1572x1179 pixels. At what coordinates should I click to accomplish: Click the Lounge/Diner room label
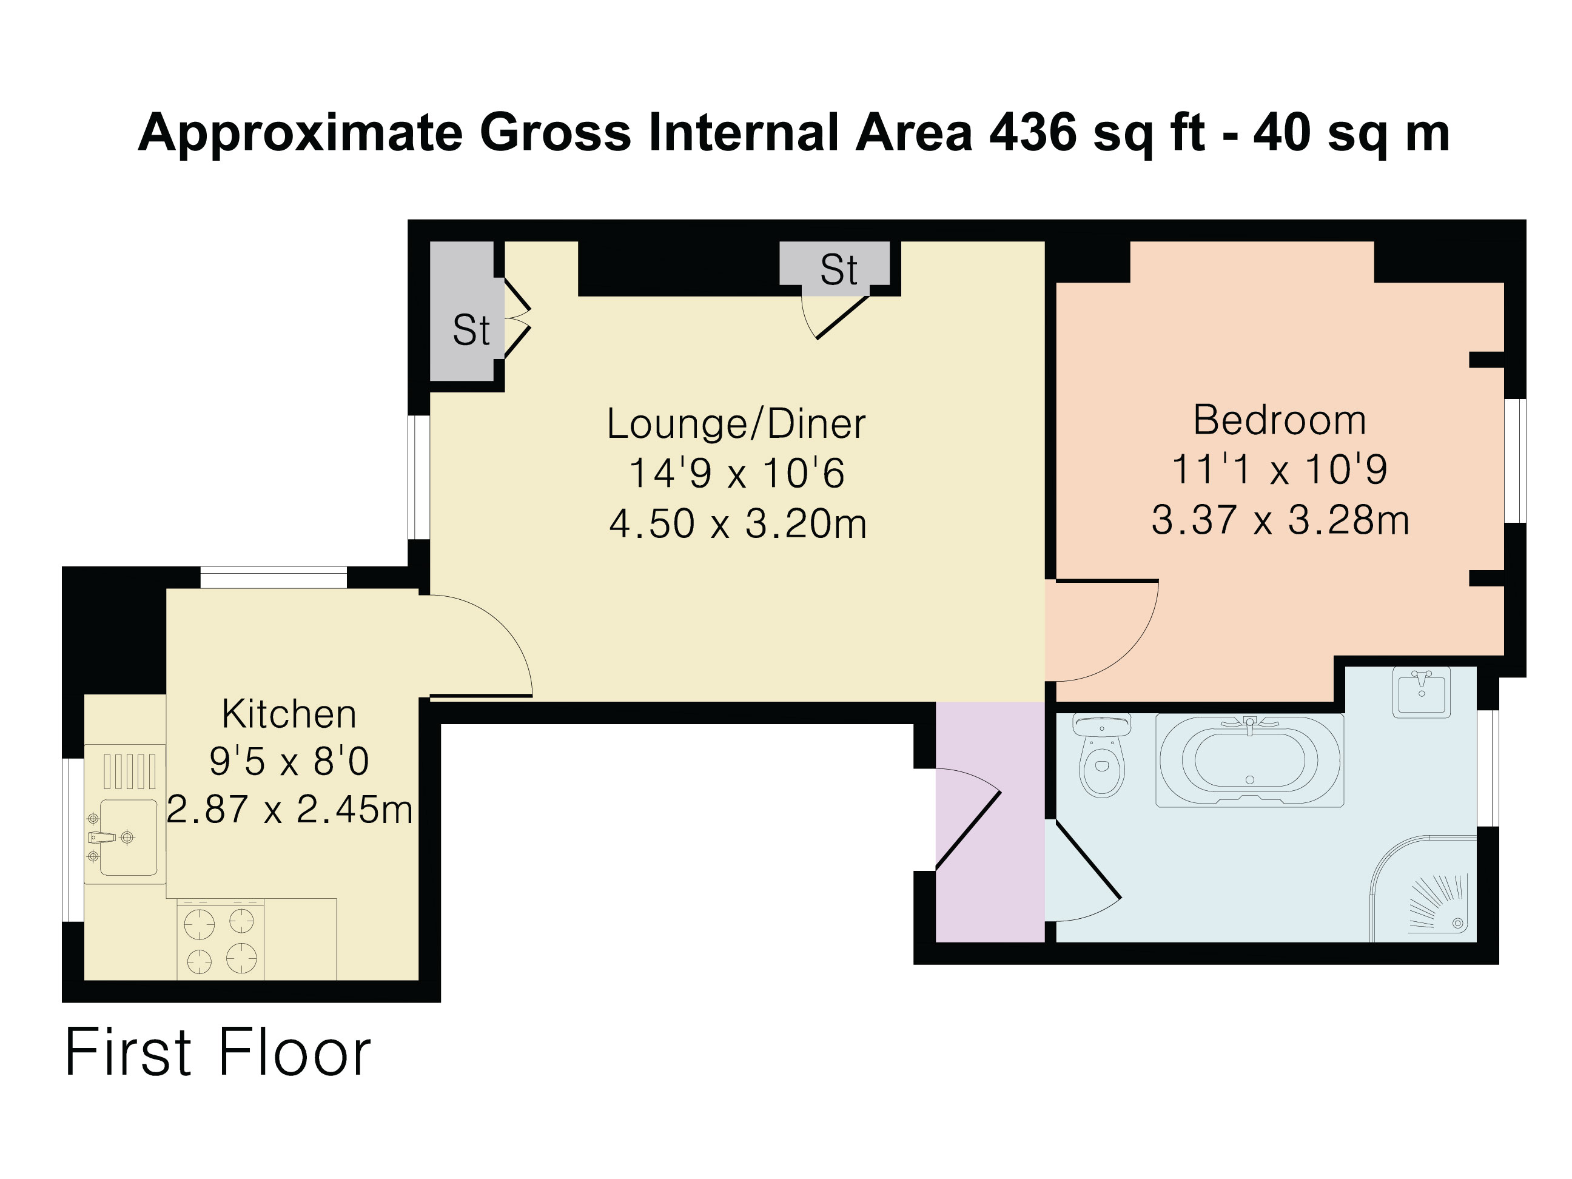[x=736, y=425]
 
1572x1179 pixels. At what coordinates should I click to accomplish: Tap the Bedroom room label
[x=1279, y=420]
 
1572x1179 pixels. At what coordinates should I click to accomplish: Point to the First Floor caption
[x=218, y=1052]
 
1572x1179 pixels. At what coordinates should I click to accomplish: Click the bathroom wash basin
[x=1422, y=692]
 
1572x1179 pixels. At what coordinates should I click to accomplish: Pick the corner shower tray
[x=1423, y=888]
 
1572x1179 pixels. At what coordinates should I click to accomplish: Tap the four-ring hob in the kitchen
[x=220, y=941]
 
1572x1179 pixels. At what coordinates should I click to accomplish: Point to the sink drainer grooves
[x=129, y=771]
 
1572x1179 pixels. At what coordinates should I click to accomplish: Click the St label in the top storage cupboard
[x=839, y=269]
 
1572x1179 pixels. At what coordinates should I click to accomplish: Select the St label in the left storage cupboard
[x=471, y=330]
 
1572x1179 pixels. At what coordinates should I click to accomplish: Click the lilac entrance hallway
[x=990, y=822]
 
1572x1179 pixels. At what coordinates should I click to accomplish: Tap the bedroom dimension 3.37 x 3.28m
[x=1280, y=520]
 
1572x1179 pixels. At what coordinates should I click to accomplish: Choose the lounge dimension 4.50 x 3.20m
[x=737, y=525]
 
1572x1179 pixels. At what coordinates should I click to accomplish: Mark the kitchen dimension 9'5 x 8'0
[x=289, y=762]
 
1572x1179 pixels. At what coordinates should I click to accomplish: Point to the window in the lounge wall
[x=418, y=477]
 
